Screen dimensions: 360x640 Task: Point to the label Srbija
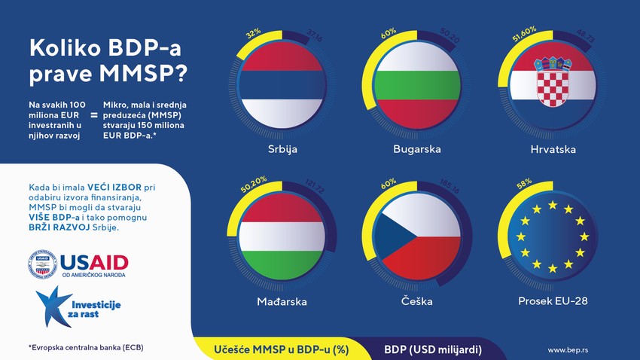point(283,149)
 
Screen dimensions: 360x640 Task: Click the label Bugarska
point(416,149)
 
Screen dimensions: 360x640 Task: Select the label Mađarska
point(282,301)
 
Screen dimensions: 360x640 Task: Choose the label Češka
point(416,301)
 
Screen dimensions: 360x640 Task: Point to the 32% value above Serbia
point(253,33)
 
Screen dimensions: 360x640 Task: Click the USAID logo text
point(93,264)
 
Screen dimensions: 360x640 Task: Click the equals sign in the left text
point(94,115)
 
